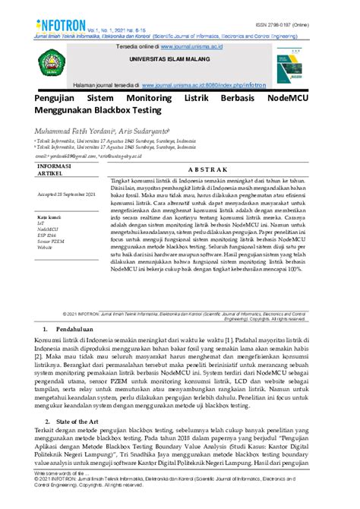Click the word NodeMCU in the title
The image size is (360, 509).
pos(299,99)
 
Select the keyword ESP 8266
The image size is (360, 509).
pos(49,235)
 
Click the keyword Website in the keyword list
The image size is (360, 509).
pos(46,247)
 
